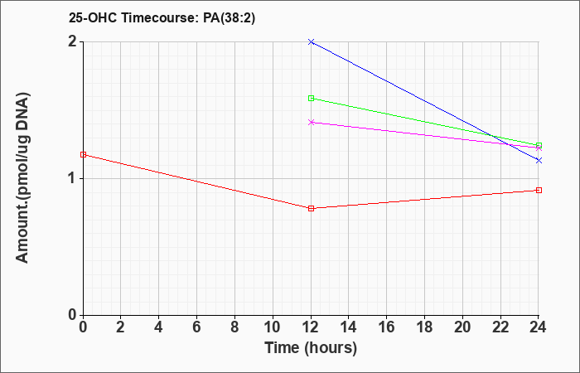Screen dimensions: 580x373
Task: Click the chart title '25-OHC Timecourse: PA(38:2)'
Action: pos(162,18)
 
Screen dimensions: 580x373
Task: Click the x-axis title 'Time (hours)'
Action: pos(311,348)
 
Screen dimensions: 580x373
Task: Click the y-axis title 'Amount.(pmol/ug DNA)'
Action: pos(23,178)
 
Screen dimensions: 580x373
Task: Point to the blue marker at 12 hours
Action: pos(311,41)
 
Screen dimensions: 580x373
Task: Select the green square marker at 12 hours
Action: pos(311,98)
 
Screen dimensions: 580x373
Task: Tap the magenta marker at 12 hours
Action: pos(311,122)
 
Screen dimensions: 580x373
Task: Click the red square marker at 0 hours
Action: pos(83,154)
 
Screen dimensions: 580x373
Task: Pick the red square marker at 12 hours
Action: pos(311,208)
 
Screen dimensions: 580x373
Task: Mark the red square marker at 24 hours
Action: pos(539,190)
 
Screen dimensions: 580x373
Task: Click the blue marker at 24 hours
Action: pos(539,160)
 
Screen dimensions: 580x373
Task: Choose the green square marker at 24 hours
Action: pos(539,145)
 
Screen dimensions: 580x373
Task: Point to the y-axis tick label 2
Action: pos(72,41)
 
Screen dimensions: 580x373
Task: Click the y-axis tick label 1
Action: pos(72,179)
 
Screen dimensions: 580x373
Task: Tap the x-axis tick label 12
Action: pos(311,327)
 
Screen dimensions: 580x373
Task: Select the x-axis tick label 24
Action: pos(538,327)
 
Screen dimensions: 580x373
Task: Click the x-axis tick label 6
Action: pos(197,327)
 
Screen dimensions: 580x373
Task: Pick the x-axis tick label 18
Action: pos(424,327)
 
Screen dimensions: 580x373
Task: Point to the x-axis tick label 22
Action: pos(500,327)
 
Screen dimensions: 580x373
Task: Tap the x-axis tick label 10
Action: pos(273,327)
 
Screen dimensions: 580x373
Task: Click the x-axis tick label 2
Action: pos(121,327)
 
